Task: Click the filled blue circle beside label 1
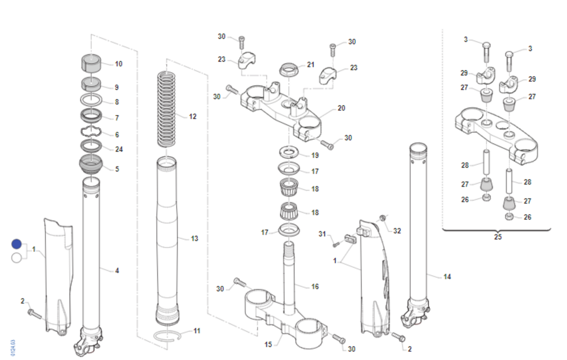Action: tap(17, 244)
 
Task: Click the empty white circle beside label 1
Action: tap(17, 258)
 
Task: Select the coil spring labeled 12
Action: tap(166, 109)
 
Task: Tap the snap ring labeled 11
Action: tap(167, 336)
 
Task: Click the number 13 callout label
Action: tap(194, 239)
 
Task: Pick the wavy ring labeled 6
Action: tap(91, 131)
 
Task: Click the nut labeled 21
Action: tap(289, 69)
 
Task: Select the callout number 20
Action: tap(342, 108)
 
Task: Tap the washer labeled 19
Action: tap(289, 152)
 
